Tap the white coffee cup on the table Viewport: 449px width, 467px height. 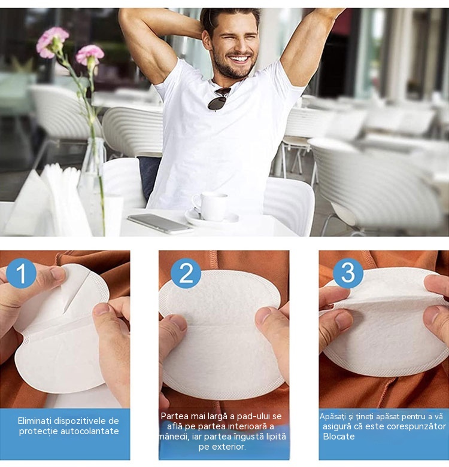[x=210, y=206]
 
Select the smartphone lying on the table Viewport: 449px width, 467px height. [x=160, y=224]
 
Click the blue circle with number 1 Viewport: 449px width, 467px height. [x=21, y=273]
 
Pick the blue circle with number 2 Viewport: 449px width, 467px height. [x=186, y=273]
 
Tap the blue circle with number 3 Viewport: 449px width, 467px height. [x=348, y=273]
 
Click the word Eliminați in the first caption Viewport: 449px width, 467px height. [x=35, y=421]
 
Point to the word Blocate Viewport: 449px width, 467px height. [x=339, y=437]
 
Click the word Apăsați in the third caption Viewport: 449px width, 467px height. [x=335, y=417]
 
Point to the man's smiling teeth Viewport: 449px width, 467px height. [x=239, y=59]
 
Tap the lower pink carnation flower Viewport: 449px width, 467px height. [x=90, y=56]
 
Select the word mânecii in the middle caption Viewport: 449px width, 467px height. [x=171, y=437]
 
